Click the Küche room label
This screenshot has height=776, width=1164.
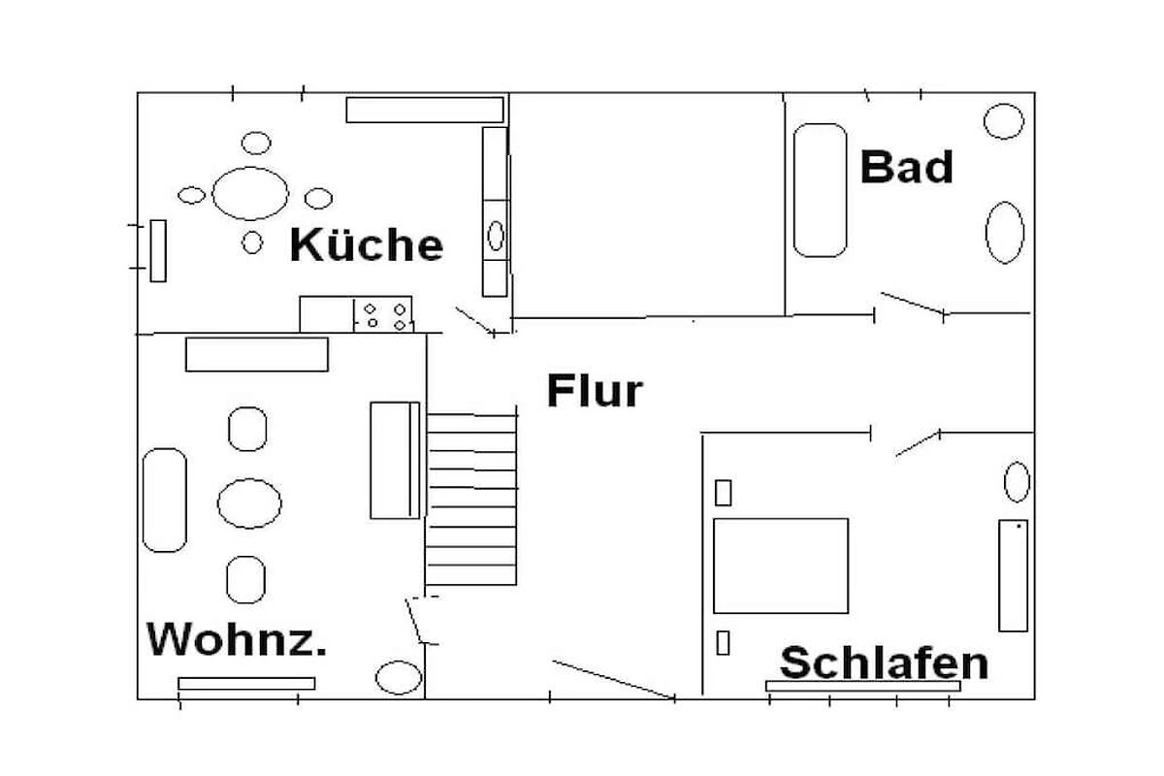pos(367,244)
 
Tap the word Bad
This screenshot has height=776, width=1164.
pos(907,167)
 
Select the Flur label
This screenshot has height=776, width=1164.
pos(595,391)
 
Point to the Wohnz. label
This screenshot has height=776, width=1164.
pos(236,639)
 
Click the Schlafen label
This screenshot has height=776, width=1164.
pos(884,663)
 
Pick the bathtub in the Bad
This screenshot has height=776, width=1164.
pos(821,190)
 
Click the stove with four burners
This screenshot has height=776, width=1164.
pos(384,315)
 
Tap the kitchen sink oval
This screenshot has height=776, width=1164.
pos(496,236)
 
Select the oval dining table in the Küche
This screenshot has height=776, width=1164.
pos(250,193)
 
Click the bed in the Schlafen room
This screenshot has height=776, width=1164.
pos(781,566)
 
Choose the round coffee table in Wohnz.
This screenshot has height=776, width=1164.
pos(249,503)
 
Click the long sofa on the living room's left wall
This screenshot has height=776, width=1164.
pos(164,500)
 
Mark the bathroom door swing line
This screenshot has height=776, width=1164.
pos(912,303)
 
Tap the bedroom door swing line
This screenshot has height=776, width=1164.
pos(917,444)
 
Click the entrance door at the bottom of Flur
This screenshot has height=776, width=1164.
pos(613,679)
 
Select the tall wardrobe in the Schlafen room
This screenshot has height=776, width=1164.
pos(1013,575)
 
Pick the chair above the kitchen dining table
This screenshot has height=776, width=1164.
pos(256,144)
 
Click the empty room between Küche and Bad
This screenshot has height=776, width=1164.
pos(647,205)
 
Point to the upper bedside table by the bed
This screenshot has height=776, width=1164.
pos(723,493)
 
